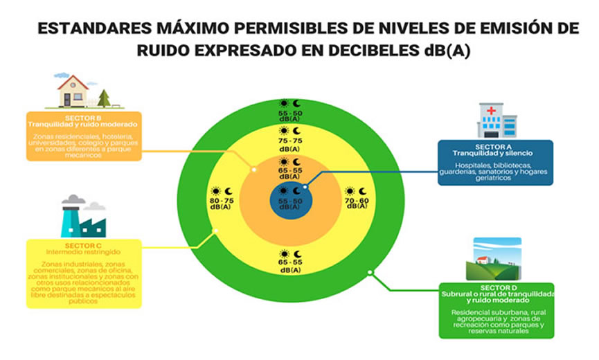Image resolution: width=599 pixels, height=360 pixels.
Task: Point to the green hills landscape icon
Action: coord(497,260)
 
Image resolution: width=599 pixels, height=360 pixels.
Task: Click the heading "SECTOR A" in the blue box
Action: coord(495,147)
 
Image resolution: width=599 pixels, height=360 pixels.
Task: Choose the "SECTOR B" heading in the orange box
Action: coord(84,118)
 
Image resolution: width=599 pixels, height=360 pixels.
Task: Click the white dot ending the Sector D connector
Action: coord(370,272)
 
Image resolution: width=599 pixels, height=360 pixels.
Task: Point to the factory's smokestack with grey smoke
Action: coord(71,212)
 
